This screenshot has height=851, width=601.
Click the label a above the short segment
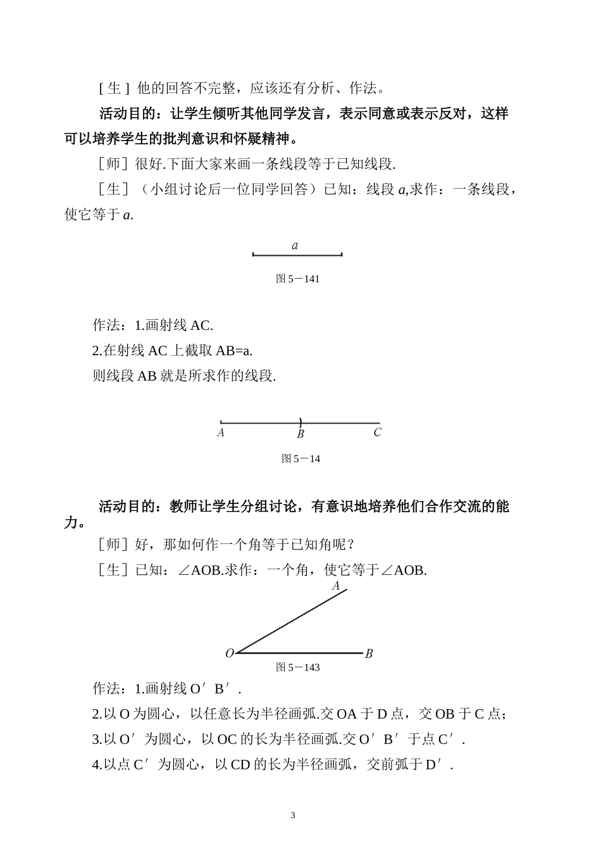(295, 246)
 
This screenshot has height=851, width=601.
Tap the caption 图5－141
(297, 279)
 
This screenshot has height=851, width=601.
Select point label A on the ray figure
(221, 433)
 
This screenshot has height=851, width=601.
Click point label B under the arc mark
(300, 434)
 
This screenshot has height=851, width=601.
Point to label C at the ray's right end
(378, 433)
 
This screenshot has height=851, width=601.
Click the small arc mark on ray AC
(300, 422)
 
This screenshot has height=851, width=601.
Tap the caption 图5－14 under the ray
(301, 459)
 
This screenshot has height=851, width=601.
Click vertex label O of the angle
(230, 653)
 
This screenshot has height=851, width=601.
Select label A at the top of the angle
(336, 586)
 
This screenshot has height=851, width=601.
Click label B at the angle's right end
(369, 653)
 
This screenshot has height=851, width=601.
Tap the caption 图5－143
(298, 667)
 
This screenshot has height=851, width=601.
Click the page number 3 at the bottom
(293, 815)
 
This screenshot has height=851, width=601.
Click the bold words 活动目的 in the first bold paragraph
(127, 114)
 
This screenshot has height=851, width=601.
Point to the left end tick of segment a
(253, 255)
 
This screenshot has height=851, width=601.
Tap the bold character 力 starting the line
(71, 524)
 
